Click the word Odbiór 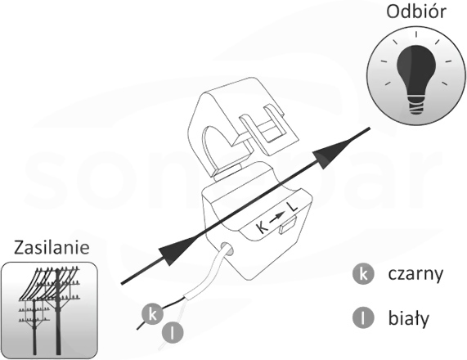click(416, 12)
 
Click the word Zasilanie click(52, 248)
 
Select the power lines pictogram click(49, 310)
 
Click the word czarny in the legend click(415, 274)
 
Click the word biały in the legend click(409, 318)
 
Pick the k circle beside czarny click(363, 274)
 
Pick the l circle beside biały click(363, 318)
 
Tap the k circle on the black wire click(152, 314)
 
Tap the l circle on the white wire click(173, 332)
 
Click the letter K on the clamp click(262, 228)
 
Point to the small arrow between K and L click(277, 218)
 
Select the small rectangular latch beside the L click(287, 225)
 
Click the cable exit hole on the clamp click(227, 250)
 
